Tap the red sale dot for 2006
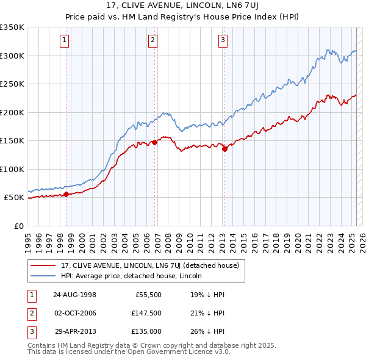coord(154,142)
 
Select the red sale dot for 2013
coord(224,148)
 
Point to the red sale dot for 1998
coord(66,195)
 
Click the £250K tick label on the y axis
coord(12,84)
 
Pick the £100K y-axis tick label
coord(12,169)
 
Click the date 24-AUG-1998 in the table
coord(75,295)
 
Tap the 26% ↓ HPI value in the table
coord(207,331)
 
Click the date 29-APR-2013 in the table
coord(75,331)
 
